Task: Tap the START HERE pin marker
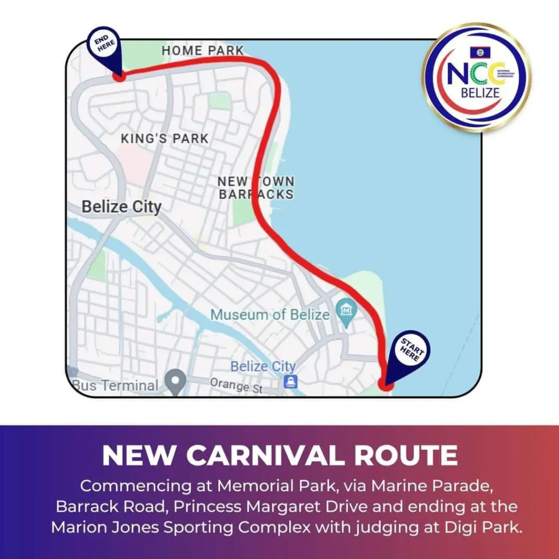pyautogui.click(x=411, y=349)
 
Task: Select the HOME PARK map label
pyautogui.click(x=203, y=51)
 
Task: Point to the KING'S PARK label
pyautogui.click(x=164, y=139)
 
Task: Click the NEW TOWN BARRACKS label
pyautogui.click(x=256, y=188)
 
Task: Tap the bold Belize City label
pyautogui.click(x=121, y=207)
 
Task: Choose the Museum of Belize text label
pyautogui.click(x=270, y=315)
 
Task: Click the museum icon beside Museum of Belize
pyautogui.click(x=346, y=312)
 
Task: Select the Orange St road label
pyautogui.click(x=236, y=385)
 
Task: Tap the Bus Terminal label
pyautogui.click(x=116, y=385)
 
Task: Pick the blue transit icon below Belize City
pyautogui.click(x=291, y=382)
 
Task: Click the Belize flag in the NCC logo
pyautogui.click(x=480, y=52)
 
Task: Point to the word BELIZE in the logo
pyautogui.click(x=480, y=93)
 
